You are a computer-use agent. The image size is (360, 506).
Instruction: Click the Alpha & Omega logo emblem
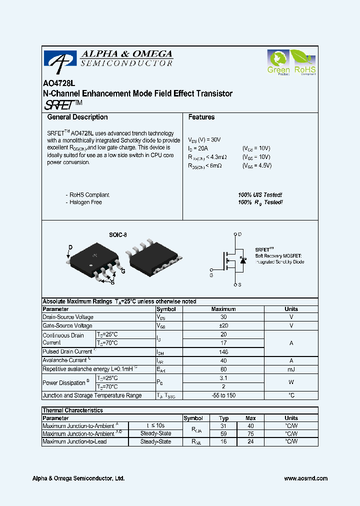click(x=60, y=58)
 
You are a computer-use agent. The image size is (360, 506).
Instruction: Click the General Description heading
click(x=77, y=117)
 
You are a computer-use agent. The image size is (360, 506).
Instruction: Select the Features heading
click(x=201, y=117)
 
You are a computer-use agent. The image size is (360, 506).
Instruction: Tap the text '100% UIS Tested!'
click(x=260, y=194)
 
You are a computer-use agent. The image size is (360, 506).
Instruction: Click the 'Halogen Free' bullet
click(x=85, y=202)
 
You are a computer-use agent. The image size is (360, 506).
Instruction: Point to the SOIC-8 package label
click(x=118, y=234)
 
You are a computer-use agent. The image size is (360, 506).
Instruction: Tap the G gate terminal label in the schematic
click(x=211, y=275)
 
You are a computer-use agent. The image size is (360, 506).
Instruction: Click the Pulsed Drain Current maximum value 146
click(x=223, y=352)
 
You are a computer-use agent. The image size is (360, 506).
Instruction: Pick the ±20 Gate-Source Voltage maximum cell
click(x=223, y=325)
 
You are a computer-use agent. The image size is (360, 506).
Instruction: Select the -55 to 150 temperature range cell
click(x=223, y=395)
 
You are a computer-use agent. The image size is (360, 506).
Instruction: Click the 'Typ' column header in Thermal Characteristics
click(x=224, y=418)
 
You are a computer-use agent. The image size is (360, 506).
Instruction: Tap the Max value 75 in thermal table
click(x=250, y=434)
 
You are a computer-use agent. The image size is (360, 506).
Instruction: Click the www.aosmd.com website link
click(x=305, y=478)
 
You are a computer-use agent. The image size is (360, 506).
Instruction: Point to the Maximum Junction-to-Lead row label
click(x=74, y=441)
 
